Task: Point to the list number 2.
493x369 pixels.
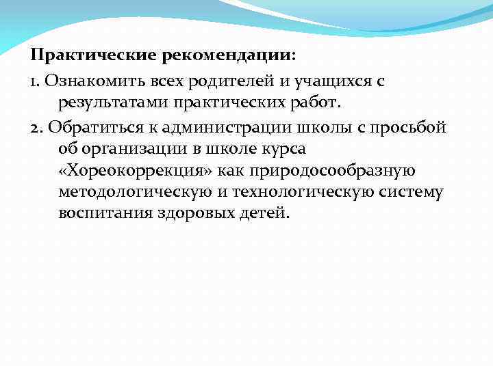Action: [36, 127]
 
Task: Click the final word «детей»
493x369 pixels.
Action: [266, 215]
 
